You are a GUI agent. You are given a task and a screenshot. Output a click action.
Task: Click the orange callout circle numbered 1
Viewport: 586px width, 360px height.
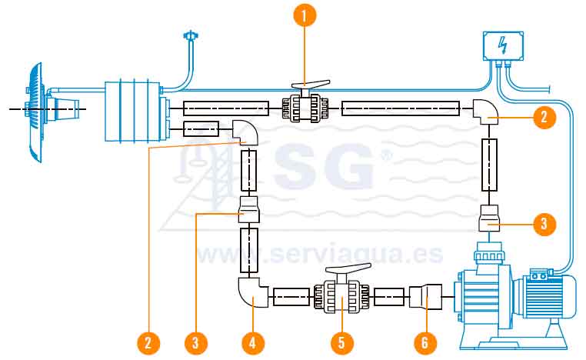[x=306, y=15]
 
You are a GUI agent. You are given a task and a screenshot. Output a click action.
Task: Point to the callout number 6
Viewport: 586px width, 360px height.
[x=425, y=341]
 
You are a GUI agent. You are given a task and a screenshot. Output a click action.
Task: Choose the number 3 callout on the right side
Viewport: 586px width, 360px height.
[x=543, y=224]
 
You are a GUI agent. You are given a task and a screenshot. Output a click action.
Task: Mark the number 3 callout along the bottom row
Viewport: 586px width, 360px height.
[x=197, y=341]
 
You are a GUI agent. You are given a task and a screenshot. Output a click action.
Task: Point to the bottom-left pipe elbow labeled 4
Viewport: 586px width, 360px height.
[x=250, y=292]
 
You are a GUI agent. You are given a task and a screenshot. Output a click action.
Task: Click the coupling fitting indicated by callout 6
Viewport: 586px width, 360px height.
[x=425, y=296]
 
